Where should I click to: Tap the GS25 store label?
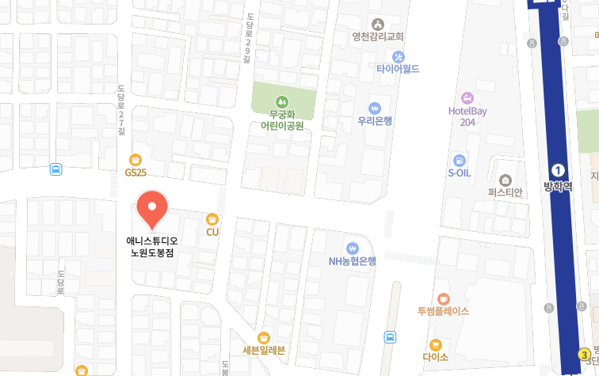(135, 172)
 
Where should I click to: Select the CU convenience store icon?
(212, 218)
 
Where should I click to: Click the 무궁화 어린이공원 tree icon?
(281, 101)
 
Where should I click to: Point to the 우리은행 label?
(375, 121)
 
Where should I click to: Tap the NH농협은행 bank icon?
(353, 249)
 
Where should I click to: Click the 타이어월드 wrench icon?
(398, 56)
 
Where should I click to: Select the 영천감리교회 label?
(378, 36)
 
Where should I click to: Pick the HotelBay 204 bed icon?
(467, 98)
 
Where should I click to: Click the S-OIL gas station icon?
(460, 160)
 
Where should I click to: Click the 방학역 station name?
(558, 187)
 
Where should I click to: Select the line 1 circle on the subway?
(558, 170)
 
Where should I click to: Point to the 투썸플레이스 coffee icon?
(443, 298)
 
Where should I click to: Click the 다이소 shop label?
(435, 356)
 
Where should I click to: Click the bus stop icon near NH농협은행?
(390, 337)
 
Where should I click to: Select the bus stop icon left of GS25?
(55, 169)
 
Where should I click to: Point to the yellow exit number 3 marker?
(584, 354)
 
